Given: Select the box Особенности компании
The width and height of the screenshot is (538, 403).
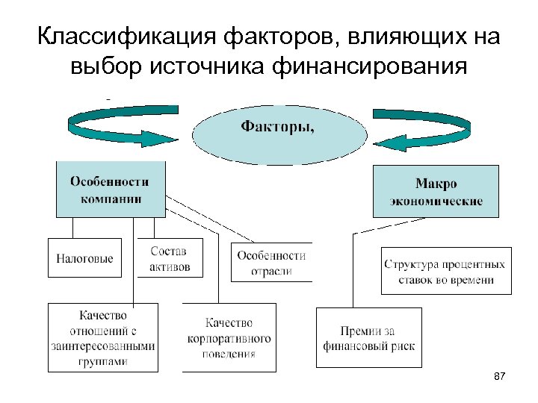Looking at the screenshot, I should click(110, 190).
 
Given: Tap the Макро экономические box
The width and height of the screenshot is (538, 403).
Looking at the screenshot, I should click(436, 191).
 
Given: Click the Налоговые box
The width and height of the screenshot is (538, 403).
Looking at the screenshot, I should click(85, 258).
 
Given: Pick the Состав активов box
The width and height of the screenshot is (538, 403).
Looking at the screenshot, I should click(170, 258).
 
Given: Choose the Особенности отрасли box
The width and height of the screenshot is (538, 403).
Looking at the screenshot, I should click(271, 262).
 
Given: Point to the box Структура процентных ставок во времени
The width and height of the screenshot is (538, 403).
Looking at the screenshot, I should click(445, 271).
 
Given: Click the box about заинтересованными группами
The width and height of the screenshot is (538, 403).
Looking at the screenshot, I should click(103, 337).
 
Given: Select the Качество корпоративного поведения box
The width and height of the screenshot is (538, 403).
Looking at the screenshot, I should click(228, 337).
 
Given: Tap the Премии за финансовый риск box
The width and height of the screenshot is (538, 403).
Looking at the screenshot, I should click(368, 337).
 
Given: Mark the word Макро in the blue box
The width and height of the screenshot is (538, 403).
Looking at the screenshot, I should click(436, 184).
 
